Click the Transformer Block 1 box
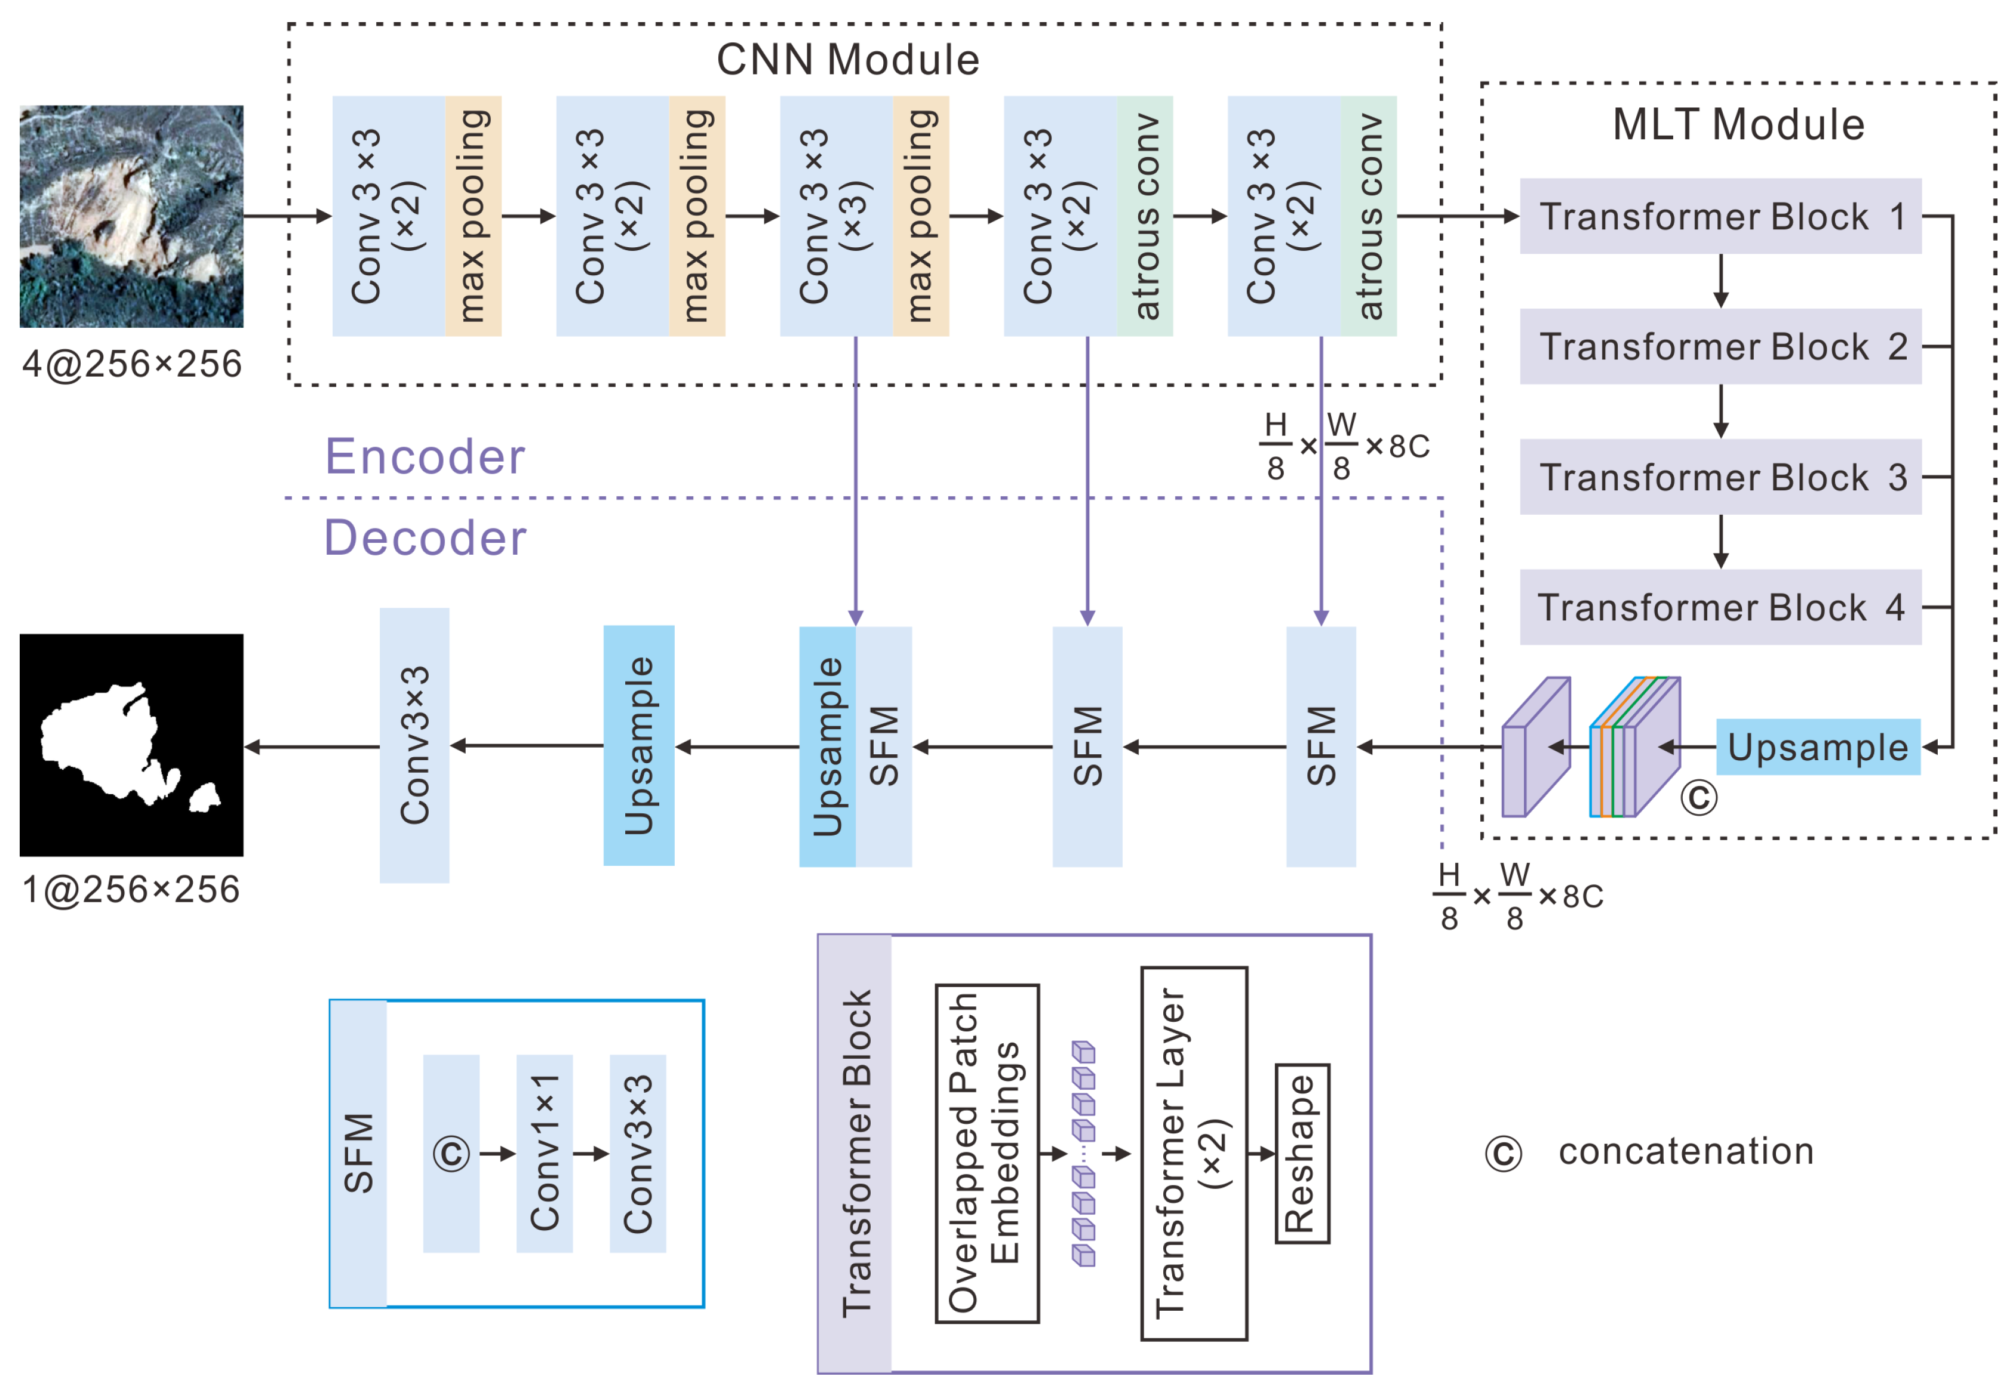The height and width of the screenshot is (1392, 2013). pyautogui.click(x=1719, y=216)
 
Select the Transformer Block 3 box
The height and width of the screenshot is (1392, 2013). pyautogui.click(x=1719, y=477)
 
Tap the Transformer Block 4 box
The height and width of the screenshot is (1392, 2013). pyautogui.click(x=1719, y=607)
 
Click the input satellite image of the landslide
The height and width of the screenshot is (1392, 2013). pyautogui.click(x=132, y=216)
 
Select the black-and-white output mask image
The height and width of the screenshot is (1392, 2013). pyautogui.click(x=132, y=744)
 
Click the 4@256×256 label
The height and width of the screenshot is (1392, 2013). pyautogui.click(x=132, y=364)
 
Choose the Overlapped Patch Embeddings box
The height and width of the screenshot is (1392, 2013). pyautogui.click(x=986, y=1153)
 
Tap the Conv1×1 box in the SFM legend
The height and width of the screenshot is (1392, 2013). pyautogui.click(x=544, y=1153)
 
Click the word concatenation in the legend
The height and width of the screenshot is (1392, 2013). pyautogui.click(x=1686, y=1151)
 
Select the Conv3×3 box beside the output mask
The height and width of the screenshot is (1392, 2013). pyautogui.click(x=414, y=745)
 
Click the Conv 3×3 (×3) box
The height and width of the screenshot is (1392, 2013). pyautogui.click(x=835, y=216)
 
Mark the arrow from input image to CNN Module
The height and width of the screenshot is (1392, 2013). pyautogui.click(x=287, y=216)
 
